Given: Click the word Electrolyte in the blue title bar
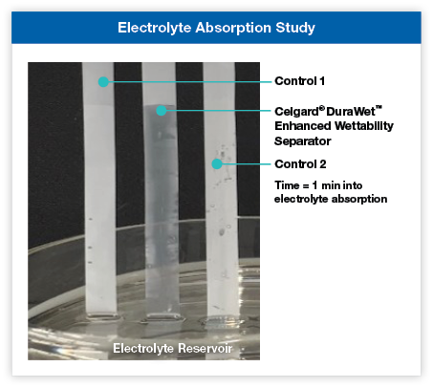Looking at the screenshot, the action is click(154, 28).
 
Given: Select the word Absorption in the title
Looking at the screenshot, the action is click(233, 28).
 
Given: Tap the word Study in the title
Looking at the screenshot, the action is click(295, 28).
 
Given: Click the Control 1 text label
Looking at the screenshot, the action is click(300, 81).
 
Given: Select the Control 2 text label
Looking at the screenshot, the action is click(300, 164).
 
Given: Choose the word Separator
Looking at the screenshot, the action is click(303, 141).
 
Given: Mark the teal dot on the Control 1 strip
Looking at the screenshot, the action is click(103, 82).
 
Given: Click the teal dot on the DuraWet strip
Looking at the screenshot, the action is click(162, 111).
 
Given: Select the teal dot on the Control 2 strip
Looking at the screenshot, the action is click(217, 164).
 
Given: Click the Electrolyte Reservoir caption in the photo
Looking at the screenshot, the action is click(173, 348).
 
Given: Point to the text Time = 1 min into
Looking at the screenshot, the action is click(318, 185).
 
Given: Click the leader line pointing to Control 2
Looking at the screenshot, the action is click(247, 164).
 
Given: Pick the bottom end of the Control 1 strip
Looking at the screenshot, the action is click(102, 313).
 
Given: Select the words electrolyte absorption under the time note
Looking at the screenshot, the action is click(331, 199).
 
